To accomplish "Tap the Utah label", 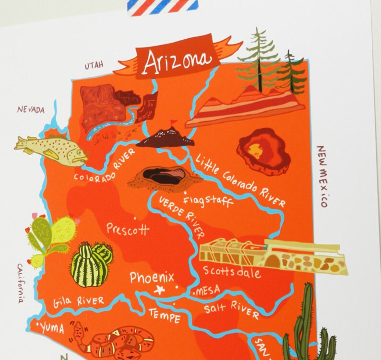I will (x=94, y=66).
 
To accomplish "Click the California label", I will (x=21, y=283).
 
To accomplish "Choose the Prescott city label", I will (x=128, y=229).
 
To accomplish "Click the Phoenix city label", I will (x=152, y=278).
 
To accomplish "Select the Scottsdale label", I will (x=232, y=272).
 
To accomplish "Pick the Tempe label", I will (x=164, y=315).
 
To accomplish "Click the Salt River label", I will (x=232, y=309).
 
